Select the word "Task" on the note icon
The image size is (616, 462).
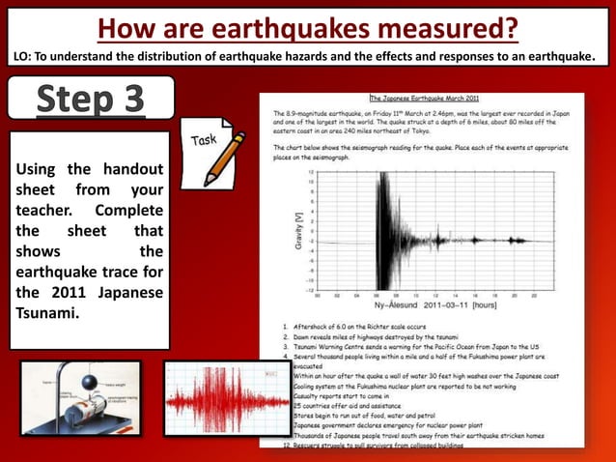coord(205,140)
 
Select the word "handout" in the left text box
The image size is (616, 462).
coord(130,171)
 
